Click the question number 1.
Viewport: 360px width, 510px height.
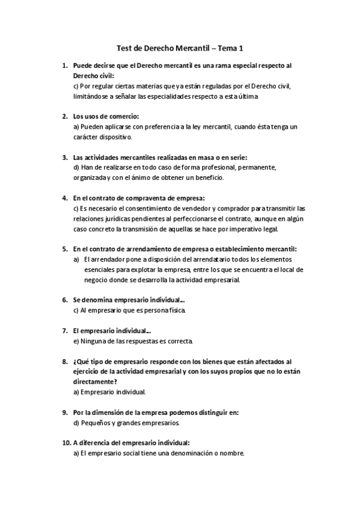point(64,66)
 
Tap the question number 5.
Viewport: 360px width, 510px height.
point(64,248)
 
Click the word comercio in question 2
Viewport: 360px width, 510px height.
point(122,116)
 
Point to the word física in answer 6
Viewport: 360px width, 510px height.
point(177,310)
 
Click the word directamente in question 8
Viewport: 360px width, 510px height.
point(95,382)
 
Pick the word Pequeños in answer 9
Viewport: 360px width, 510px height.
point(95,423)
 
